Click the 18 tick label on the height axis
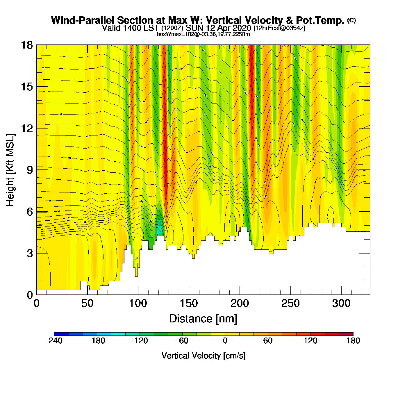coord(26,45)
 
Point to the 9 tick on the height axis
coord(30,170)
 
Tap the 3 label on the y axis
coord(30,254)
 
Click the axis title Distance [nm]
coord(203,319)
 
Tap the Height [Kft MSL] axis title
coord(10,170)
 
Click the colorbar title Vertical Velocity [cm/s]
coord(203,356)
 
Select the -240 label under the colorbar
coord(54,341)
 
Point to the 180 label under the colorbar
coord(353,341)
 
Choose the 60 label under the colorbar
coord(268,341)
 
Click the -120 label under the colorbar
coord(140,341)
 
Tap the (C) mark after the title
coord(351,20)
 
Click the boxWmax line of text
coord(203,34)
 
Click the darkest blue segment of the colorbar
coord(61,334)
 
